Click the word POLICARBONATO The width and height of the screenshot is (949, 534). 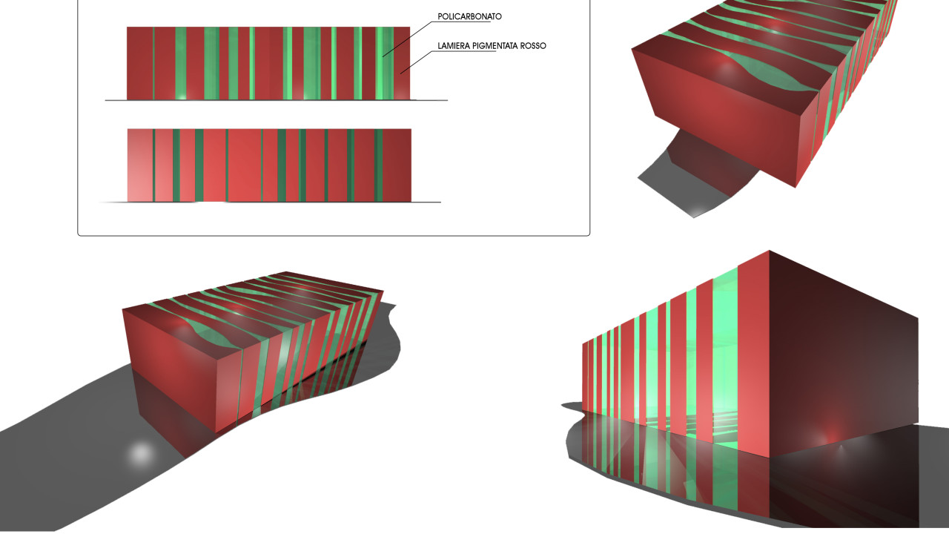(x=469, y=16)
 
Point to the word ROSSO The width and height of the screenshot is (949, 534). (x=533, y=46)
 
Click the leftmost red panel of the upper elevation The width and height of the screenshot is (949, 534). (x=140, y=64)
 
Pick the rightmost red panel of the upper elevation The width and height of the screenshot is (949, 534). (x=402, y=64)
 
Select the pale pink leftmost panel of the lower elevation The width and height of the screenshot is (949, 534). (x=140, y=165)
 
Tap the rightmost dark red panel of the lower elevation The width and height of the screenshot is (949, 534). (x=397, y=165)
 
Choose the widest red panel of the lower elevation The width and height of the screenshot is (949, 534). (x=245, y=165)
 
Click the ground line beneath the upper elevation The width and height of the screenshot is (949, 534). (x=277, y=100)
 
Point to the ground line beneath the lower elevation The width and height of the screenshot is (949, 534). (x=271, y=202)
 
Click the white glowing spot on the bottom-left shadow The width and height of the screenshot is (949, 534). (x=141, y=453)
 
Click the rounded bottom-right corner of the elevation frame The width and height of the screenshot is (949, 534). (x=588, y=234)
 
